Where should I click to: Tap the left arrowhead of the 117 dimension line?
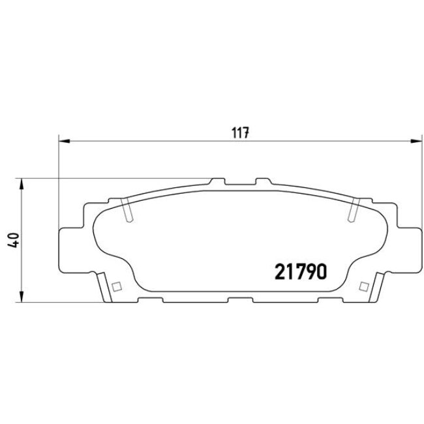[63, 140]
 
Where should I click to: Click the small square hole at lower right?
[363, 285]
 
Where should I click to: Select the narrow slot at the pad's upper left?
[127, 211]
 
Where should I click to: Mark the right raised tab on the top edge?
[264, 180]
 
